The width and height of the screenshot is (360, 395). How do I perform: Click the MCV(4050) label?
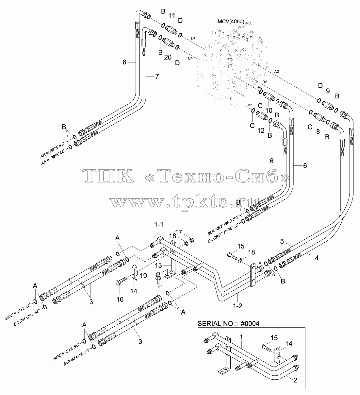click(x=231, y=22)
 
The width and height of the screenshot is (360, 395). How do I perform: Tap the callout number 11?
click(x=172, y=16)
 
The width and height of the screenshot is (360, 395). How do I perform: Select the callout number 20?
click(x=168, y=57)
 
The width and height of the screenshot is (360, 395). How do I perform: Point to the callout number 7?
click(x=157, y=77)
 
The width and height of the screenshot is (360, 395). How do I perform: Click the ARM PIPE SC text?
click(x=52, y=150)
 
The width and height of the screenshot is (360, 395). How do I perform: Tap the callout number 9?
click(x=328, y=91)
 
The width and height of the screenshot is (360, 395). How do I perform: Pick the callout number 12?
click(x=261, y=130)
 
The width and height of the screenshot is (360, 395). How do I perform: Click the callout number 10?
click(x=269, y=111)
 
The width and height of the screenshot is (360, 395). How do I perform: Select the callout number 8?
click(x=318, y=131)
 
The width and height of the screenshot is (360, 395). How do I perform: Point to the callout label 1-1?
click(x=159, y=225)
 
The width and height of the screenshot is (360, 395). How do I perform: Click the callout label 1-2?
click(x=237, y=306)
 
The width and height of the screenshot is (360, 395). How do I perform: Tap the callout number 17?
click(x=179, y=232)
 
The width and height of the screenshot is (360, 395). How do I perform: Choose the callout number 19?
click(x=143, y=276)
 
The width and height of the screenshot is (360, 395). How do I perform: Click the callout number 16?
click(x=120, y=299)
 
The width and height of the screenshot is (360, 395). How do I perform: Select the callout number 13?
click(x=158, y=266)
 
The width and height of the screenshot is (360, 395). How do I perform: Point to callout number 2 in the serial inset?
click(x=295, y=380)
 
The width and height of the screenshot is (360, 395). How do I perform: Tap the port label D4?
click(x=193, y=38)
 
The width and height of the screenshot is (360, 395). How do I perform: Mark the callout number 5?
click(x=282, y=241)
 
